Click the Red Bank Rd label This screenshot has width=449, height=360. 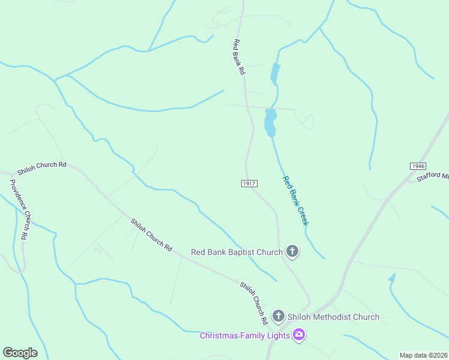(x=240, y=57)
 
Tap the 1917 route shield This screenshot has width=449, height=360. (x=250, y=183)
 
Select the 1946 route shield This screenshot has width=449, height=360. (x=418, y=166)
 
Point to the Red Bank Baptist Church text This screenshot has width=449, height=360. (x=237, y=252)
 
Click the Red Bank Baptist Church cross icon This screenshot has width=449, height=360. (x=292, y=251)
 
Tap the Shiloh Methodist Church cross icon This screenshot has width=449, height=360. (x=278, y=316)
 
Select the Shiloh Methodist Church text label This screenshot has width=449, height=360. (x=333, y=317)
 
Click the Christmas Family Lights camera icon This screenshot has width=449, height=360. (x=299, y=335)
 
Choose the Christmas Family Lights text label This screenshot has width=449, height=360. (x=245, y=335)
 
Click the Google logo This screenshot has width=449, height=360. (x=20, y=353)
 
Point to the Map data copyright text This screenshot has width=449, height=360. (x=423, y=355)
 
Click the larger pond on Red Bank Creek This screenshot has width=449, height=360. (x=270, y=122)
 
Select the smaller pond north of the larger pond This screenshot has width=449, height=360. (x=275, y=74)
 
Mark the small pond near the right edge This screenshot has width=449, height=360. (x=393, y=278)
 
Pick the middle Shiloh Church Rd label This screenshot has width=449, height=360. (x=151, y=235)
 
